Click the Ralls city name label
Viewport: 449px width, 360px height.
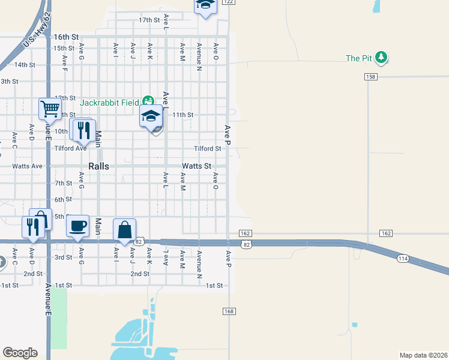98,166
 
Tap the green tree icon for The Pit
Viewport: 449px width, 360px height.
381,58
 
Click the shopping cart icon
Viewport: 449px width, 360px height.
50,109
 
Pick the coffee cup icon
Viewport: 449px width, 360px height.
77,226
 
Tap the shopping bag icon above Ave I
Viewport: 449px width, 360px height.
124,230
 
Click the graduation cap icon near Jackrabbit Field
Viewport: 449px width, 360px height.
151,116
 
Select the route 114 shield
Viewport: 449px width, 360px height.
402,257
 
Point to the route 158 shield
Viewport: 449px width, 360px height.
370,77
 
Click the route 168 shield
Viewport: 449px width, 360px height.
229,311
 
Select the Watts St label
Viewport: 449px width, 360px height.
197,166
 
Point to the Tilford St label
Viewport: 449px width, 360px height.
207,149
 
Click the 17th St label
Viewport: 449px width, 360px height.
149,20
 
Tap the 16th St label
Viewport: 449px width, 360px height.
66,37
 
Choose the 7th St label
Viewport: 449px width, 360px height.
63,183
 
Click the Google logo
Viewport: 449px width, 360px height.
20,353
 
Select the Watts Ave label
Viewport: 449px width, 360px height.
28,166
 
